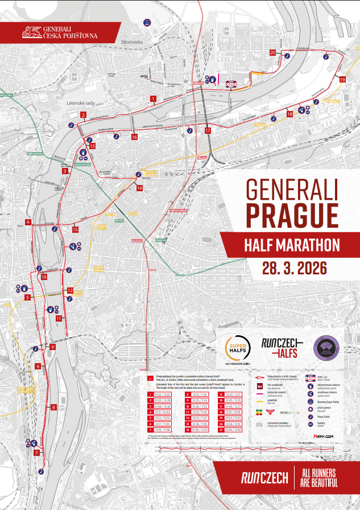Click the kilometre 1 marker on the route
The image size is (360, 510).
tap(153, 98)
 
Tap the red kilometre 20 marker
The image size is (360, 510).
tap(272, 52)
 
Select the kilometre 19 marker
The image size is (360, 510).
tap(342, 80)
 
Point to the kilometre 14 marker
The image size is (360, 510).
tap(139, 187)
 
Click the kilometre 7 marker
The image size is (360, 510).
tap(36, 453)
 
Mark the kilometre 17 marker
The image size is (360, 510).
tap(208, 130)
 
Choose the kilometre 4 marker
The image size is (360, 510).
tap(27, 222)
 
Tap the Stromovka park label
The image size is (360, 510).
tap(132, 42)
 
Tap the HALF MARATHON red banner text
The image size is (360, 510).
tap(292, 245)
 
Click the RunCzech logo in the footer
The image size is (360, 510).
tap(264, 478)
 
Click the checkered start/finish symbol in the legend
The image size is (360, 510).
tap(311, 377)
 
